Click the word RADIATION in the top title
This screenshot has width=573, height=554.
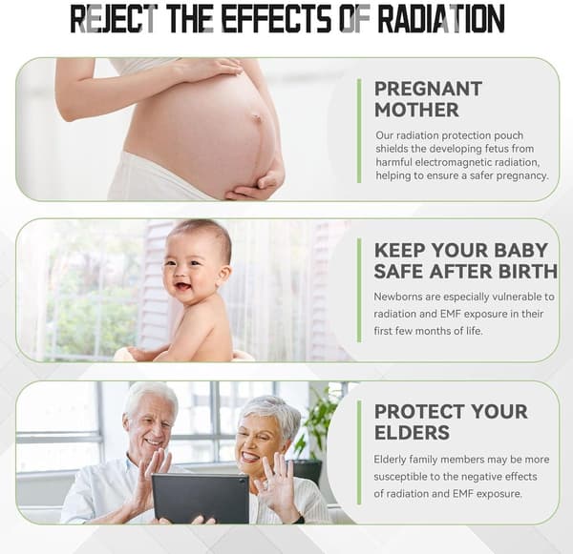pos(441,18)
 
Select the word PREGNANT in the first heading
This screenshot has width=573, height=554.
pos(428,89)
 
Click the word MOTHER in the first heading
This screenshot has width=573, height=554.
pos(416,110)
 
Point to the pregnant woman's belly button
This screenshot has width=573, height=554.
pos(257,117)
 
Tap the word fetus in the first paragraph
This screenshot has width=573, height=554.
pos(497,149)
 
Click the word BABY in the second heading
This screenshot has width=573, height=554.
pos(520,251)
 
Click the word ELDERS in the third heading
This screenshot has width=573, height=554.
pos(412,433)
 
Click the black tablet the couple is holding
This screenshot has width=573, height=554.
pos(201,499)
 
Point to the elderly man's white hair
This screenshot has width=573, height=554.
pos(151,396)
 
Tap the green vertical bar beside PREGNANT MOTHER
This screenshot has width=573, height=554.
pos(359,131)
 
